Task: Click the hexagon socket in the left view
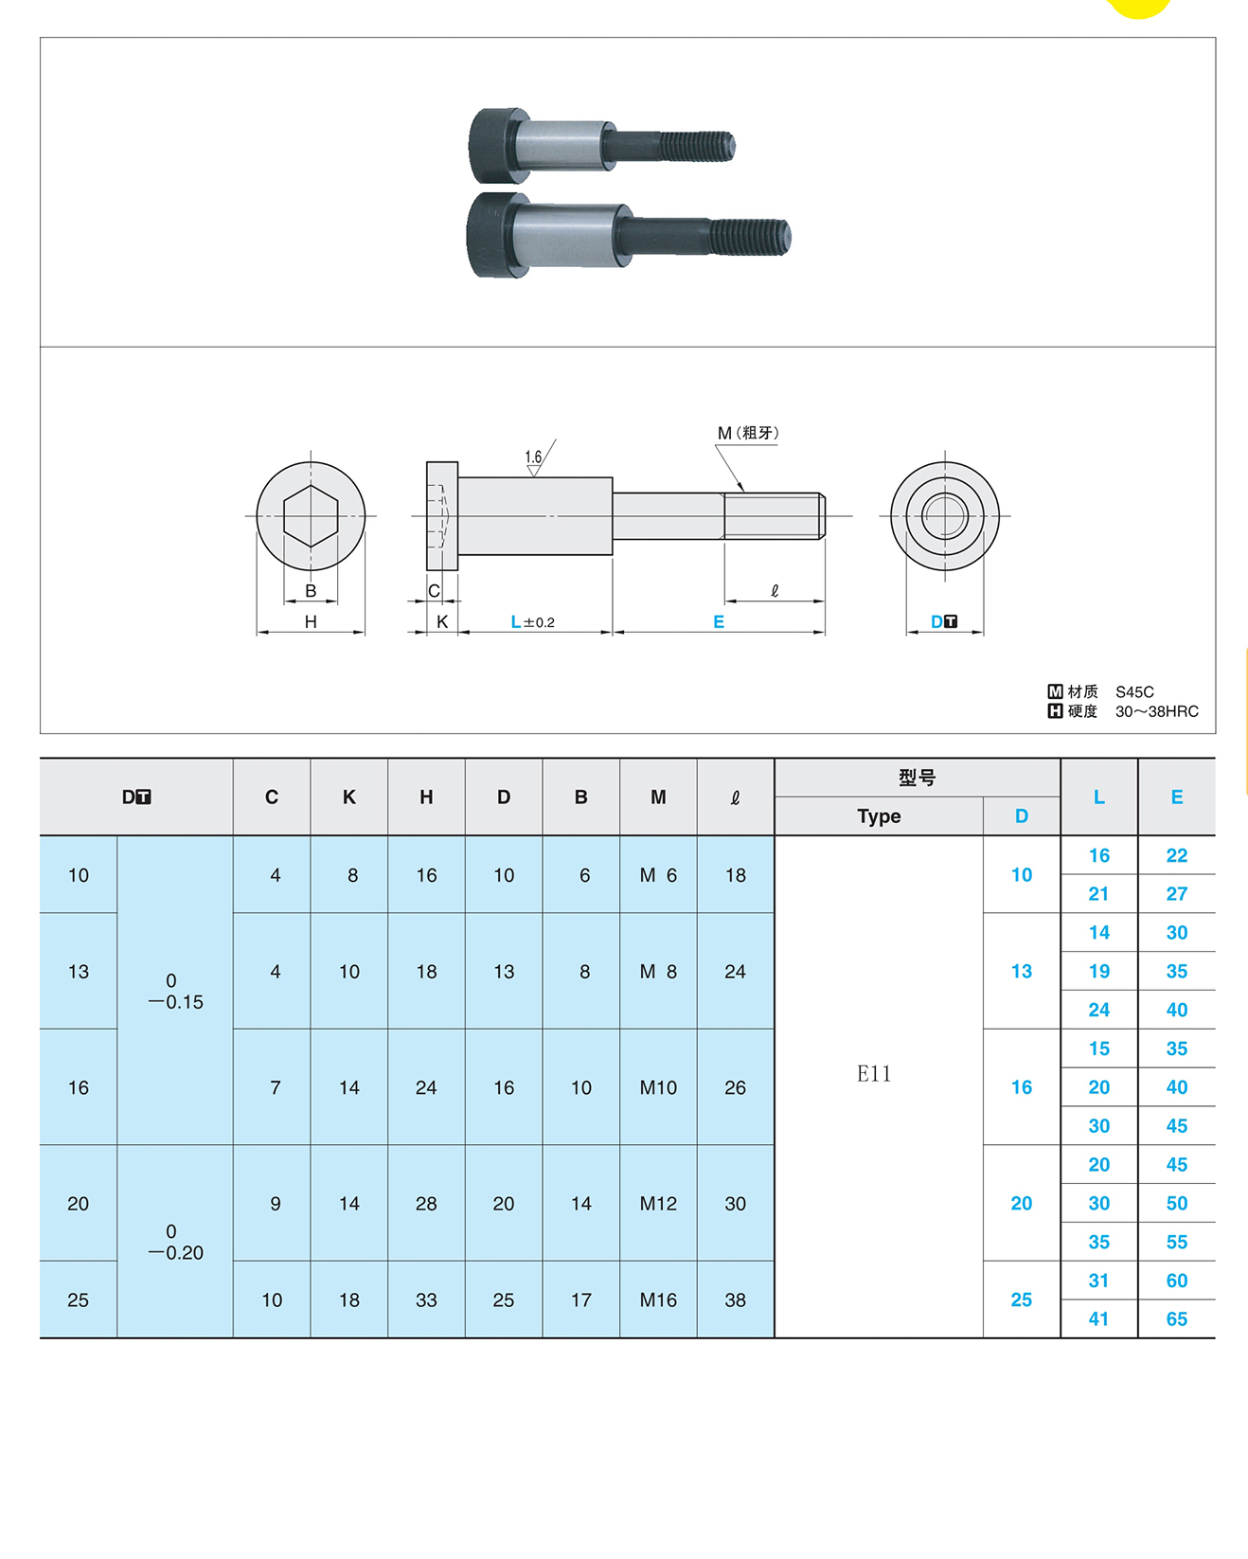click(x=311, y=516)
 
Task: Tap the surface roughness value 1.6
click(x=533, y=457)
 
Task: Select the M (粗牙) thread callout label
click(x=747, y=433)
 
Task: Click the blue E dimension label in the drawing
click(x=719, y=622)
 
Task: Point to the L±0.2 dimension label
click(x=532, y=622)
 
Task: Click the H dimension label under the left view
click(x=311, y=622)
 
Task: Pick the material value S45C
click(x=1134, y=692)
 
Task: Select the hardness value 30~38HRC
click(x=1156, y=711)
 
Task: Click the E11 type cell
click(x=874, y=1073)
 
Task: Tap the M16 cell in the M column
click(x=658, y=1300)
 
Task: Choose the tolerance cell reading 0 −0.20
click(x=175, y=1242)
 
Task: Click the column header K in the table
click(x=349, y=797)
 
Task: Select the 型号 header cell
click(x=917, y=778)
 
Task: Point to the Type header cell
click(x=879, y=816)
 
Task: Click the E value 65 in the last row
click(x=1177, y=1319)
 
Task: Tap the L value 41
click(x=1098, y=1319)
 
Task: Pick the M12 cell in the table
click(x=658, y=1204)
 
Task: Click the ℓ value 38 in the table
click(x=735, y=1300)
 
